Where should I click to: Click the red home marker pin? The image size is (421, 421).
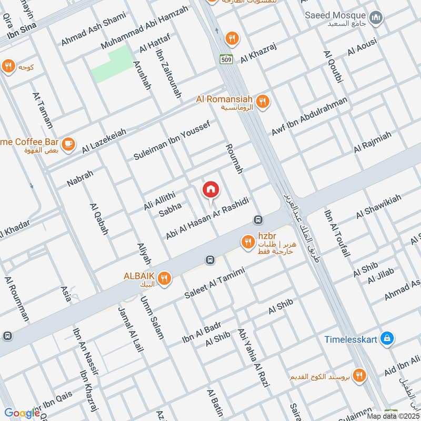[210, 189]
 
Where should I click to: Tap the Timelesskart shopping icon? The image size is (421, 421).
[387, 338]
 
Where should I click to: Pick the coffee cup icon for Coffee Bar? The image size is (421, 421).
[68, 144]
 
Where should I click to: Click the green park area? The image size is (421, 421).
[112, 64]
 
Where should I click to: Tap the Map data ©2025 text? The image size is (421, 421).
[392, 416]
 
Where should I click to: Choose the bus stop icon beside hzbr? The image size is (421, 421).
[258, 219]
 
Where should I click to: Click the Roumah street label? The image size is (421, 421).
[235, 158]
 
